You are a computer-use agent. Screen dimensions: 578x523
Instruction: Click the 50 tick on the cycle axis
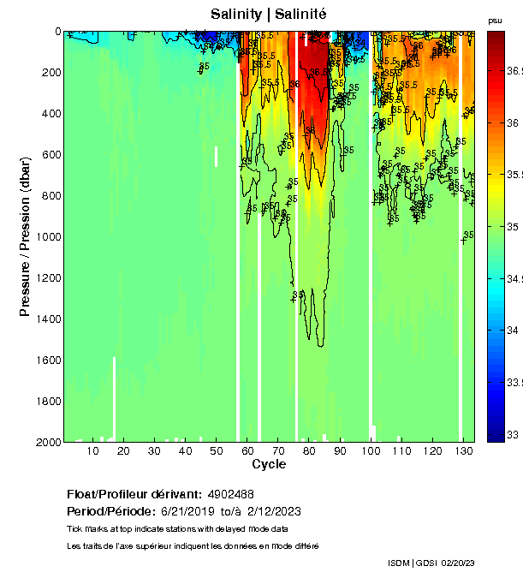[216, 450]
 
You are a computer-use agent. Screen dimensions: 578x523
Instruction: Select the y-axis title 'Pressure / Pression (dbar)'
[25, 236]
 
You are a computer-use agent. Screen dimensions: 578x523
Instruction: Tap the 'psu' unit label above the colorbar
[495, 20]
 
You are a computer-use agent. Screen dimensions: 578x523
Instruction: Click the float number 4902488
[230, 495]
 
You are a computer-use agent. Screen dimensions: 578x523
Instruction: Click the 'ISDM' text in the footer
[399, 563]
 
